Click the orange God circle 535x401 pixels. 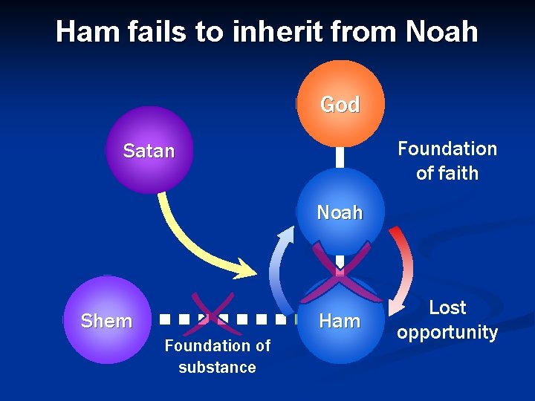point(340,103)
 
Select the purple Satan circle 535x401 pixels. point(149,151)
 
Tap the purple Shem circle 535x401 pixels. point(106,320)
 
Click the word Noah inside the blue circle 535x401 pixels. point(340,212)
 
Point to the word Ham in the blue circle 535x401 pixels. point(339,321)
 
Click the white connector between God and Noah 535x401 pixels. point(340,157)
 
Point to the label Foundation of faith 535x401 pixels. point(447,160)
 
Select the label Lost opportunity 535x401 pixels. point(447,320)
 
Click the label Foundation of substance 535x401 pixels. point(217,356)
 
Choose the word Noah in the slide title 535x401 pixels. point(442,31)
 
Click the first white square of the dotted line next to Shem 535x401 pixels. point(163,321)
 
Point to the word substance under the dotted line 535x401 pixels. point(217,368)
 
